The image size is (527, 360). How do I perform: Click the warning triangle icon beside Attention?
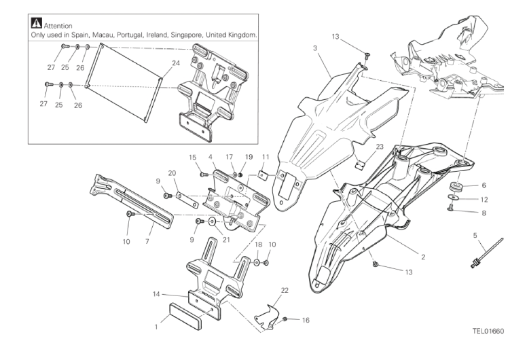[x=36, y=24]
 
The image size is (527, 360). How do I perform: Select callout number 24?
[x=158, y=62]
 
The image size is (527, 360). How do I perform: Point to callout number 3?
[x=315, y=49]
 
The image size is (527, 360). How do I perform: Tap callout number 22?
[x=285, y=291]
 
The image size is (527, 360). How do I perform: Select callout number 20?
[x=172, y=173]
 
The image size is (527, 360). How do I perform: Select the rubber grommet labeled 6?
[x=455, y=186]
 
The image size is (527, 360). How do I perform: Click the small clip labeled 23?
[x=361, y=164]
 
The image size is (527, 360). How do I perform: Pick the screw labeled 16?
[x=286, y=319]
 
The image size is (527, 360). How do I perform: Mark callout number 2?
[x=422, y=257]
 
